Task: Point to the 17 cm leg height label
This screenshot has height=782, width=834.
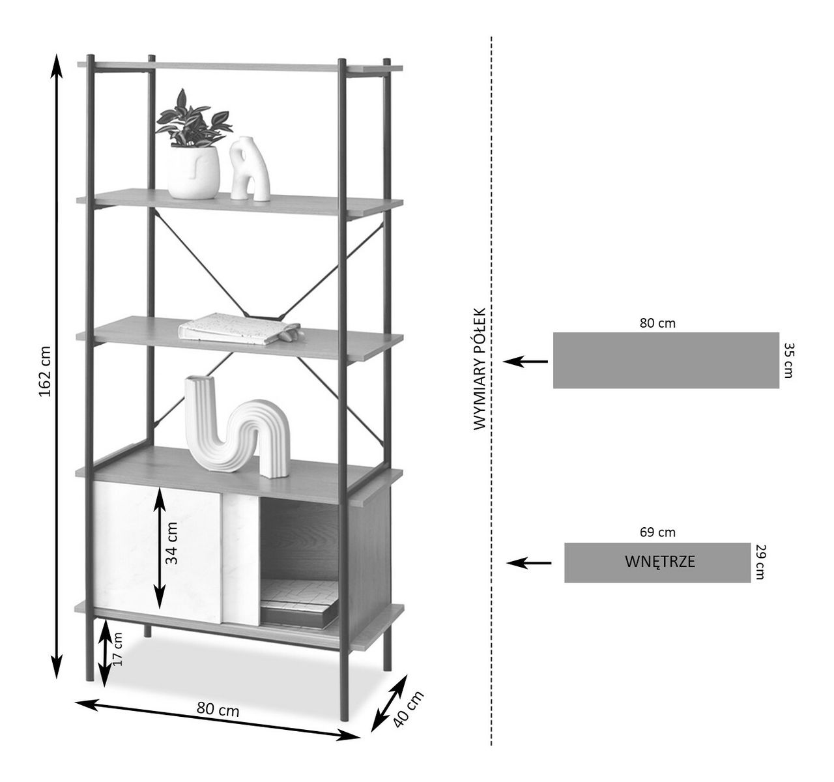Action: click(x=117, y=648)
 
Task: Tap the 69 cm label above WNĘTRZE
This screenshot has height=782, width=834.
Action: click(x=657, y=532)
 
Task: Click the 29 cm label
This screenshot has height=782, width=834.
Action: click(x=760, y=562)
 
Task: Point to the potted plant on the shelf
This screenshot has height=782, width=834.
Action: click(x=194, y=145)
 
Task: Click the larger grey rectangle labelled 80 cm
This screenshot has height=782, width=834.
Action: click(x=666, y=360)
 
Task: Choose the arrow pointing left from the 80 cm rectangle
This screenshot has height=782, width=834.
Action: click(x=526, y=361)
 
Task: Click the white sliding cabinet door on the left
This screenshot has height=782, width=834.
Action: click(x=156, y=547)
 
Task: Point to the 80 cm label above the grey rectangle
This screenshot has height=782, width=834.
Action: click(x=657, y=323)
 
